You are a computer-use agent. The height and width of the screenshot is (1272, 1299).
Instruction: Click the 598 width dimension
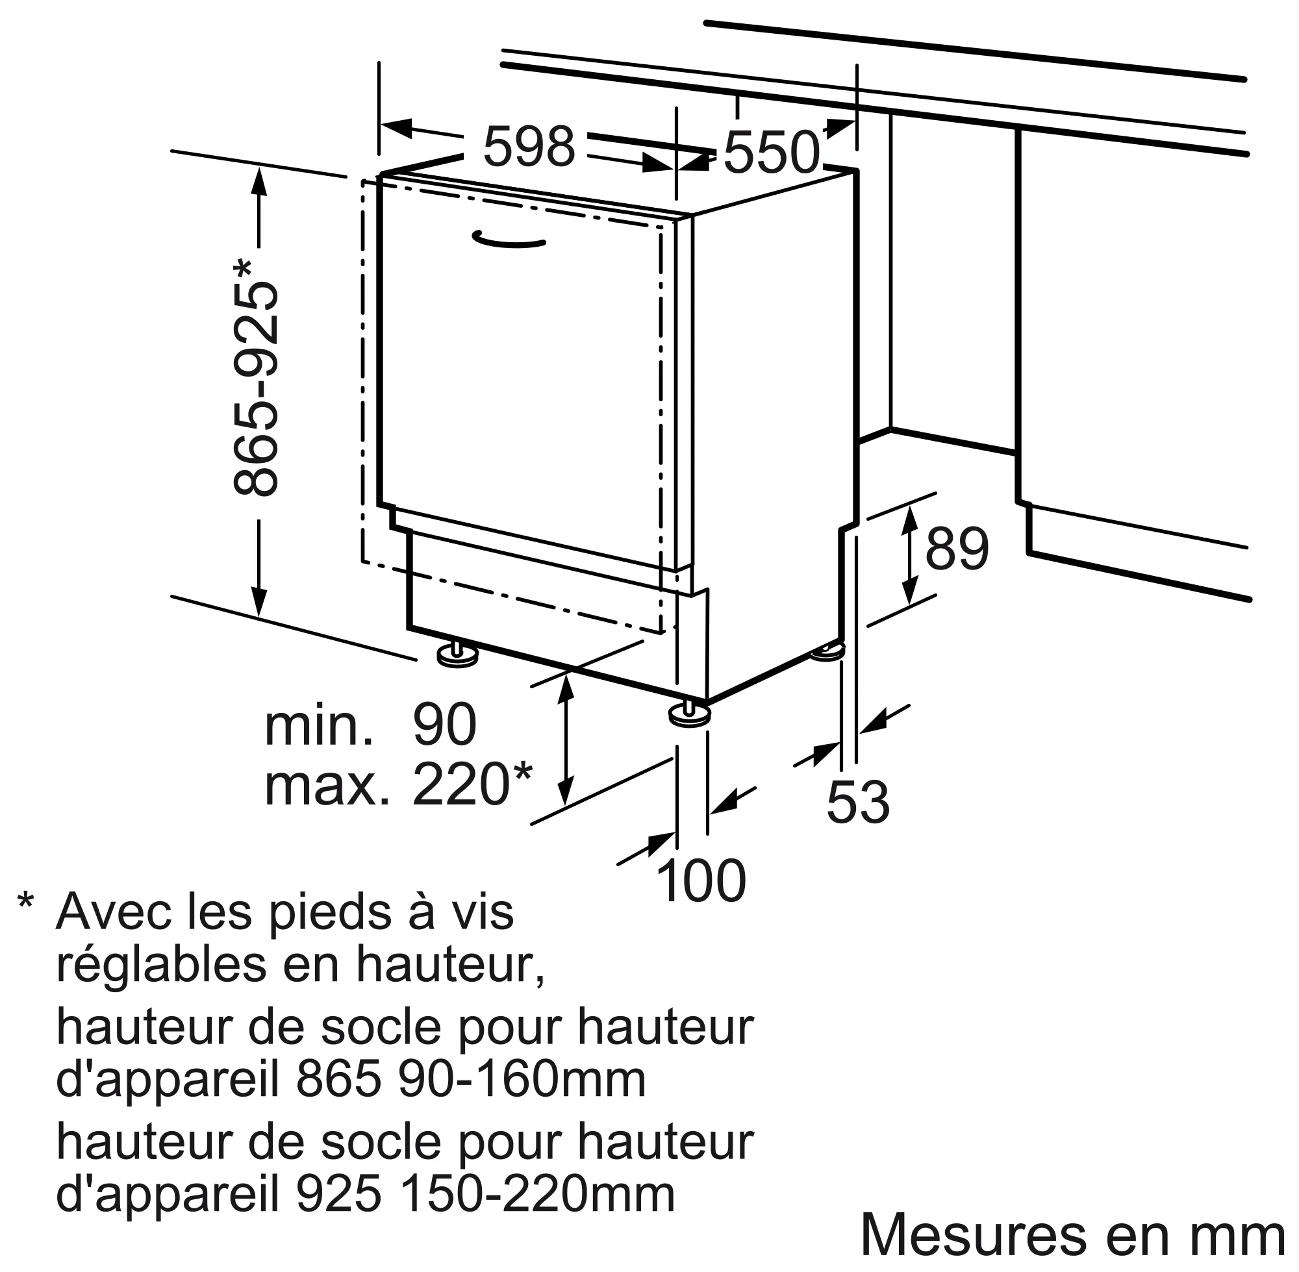tap(529, 147)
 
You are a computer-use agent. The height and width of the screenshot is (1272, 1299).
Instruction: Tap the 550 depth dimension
tap(771, 153)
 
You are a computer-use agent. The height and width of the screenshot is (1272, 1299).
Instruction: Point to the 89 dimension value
tap(956, 549)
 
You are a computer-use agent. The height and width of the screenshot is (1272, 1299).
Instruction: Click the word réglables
tap(161, 967)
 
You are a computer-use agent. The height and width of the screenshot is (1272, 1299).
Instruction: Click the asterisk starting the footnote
tap(25, 902)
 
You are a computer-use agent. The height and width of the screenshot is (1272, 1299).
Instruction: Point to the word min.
tap(319, 726)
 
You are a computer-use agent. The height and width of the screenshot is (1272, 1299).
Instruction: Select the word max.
tap(326, 785)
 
